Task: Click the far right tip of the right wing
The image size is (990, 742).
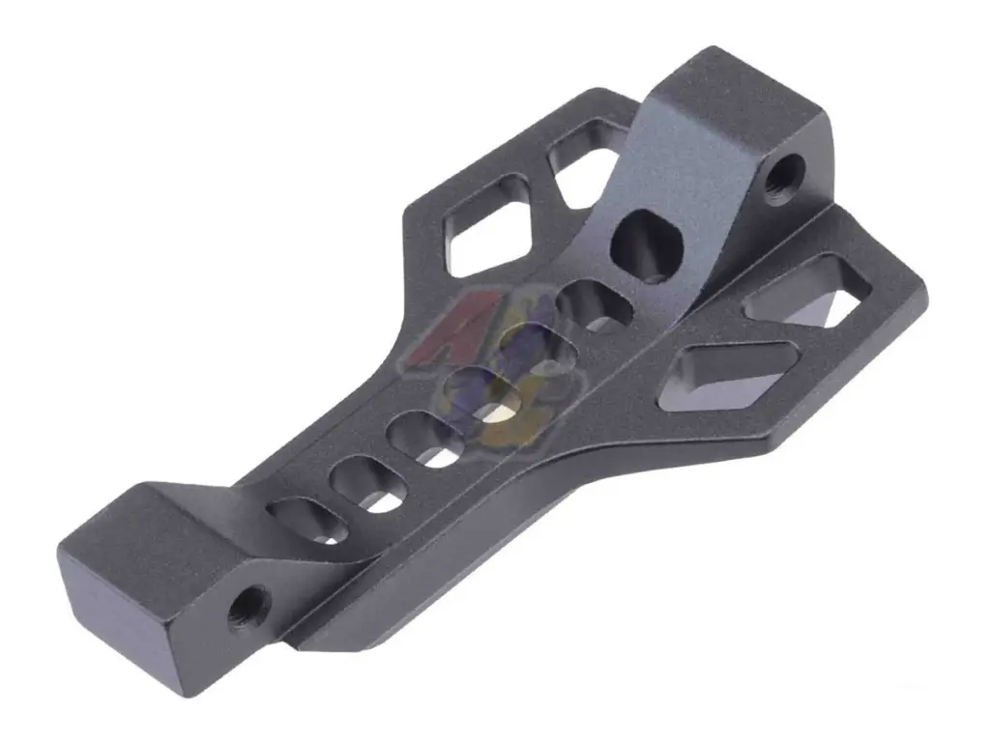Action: pyautogui.click(x=923, y=290)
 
